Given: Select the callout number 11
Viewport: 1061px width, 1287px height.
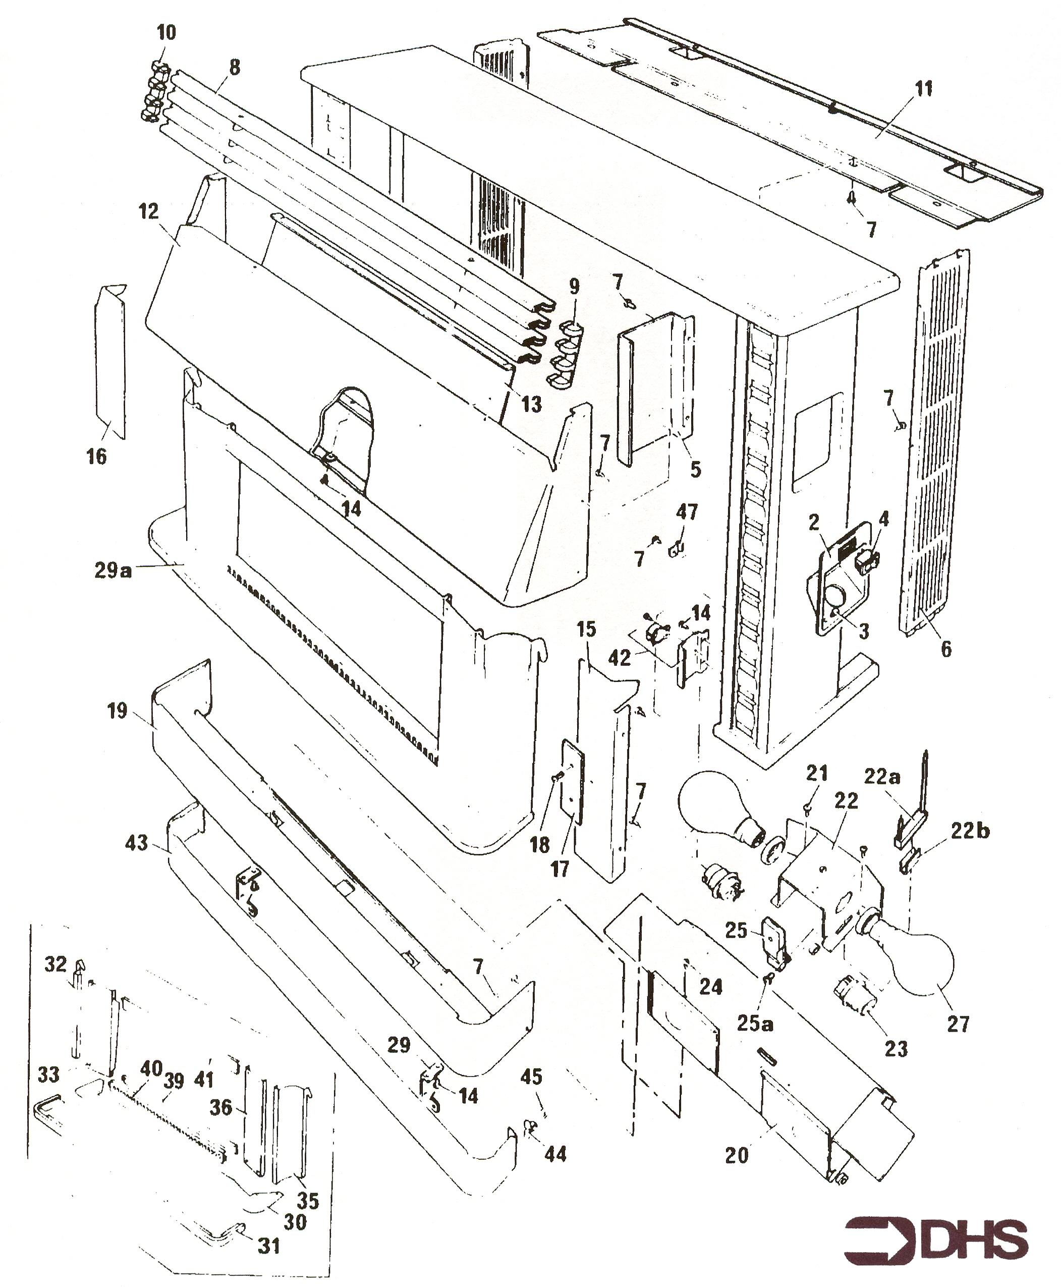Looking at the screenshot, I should [x=924, y=89].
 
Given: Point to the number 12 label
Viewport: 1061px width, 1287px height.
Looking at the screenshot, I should [x=148, y=211].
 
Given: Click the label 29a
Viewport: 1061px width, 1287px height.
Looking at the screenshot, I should [x=113, y=571].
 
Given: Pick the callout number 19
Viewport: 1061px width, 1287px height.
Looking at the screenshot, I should [x=118, y=711].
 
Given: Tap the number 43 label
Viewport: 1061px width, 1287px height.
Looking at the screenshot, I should [x=137, y=843].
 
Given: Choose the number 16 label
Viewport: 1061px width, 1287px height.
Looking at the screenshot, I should [x=96, y=456].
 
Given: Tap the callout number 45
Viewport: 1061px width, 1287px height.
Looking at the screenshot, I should [x=531, y=1076].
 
